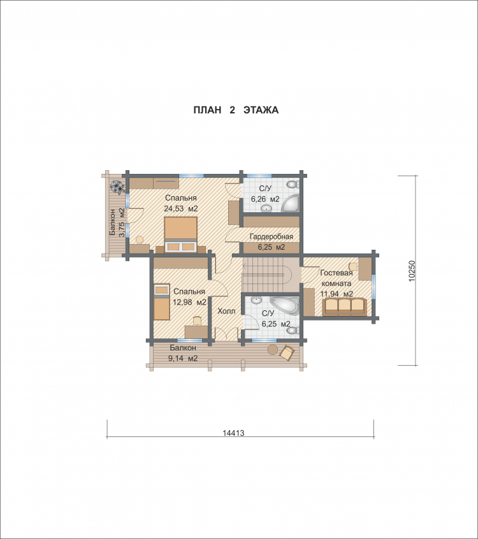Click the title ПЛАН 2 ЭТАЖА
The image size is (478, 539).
236,110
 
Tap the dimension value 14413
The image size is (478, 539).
233,433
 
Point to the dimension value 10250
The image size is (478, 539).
412,271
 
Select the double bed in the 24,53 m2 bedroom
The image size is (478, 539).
180,234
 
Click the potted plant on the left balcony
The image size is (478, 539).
117,187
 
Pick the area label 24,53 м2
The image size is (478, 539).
181,208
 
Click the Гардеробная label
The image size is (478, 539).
272,236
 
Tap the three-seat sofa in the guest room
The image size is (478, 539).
345,307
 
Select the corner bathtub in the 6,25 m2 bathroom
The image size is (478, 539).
284,305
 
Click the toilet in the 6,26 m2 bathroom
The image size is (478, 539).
293,185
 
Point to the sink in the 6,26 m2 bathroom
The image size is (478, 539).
266,208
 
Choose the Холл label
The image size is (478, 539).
227,311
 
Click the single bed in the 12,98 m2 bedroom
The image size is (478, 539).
161,301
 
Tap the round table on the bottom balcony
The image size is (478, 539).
273,349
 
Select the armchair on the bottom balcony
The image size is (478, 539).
287,353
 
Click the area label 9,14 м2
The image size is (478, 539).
183,358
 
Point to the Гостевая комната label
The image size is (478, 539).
337,278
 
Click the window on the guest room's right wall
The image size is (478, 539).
374,286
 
